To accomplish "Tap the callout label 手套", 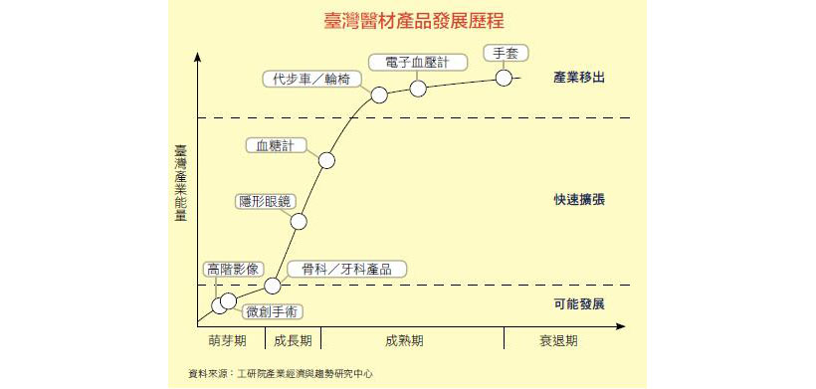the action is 505,53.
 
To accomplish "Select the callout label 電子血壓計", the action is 417,63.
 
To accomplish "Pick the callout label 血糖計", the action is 275,145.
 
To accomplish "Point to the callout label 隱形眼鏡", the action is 264,201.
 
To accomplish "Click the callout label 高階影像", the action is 232,269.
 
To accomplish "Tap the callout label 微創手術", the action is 269,310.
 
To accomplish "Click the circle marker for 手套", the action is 504,78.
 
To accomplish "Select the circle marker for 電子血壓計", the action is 418,89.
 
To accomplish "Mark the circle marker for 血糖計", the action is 327,160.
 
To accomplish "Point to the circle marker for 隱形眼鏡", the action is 299,222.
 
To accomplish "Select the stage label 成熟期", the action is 404,340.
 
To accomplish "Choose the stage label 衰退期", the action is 558,340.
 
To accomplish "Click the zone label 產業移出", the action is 579,77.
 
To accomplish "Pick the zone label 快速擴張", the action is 579,199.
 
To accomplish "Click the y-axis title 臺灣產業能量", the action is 180,188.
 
